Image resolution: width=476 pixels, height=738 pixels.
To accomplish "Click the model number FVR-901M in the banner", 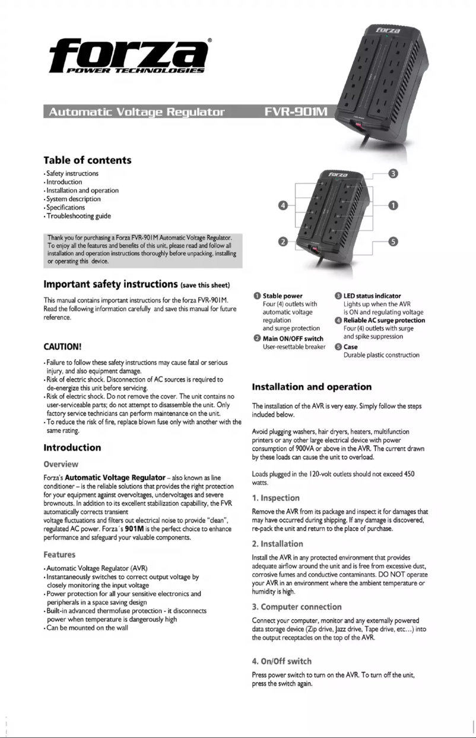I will tap(300, 111).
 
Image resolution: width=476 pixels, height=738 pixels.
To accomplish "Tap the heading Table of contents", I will tap(87, 160).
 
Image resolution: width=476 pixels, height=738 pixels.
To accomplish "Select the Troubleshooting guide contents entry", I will tap(75, 216).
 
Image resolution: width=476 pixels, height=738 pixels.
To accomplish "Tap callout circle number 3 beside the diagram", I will tap(393, 174).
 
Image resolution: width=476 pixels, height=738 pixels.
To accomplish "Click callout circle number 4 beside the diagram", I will tap(284, 205).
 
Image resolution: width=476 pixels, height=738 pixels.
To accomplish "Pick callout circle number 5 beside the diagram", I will tap(393, 240).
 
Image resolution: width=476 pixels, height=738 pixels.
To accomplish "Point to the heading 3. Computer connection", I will tap(297, 607).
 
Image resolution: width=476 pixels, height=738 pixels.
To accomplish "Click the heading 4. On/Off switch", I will tap(281, 661).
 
